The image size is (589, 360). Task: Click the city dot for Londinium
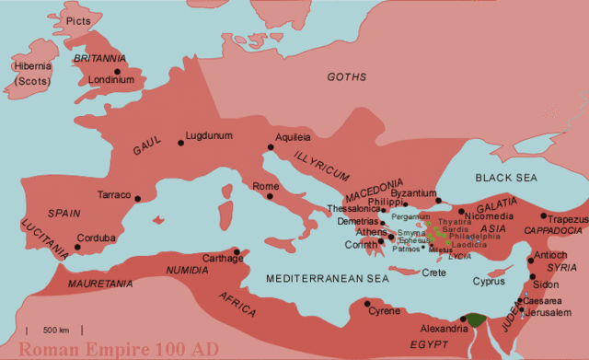coord(117,70)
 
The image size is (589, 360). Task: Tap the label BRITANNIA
coord(98,58)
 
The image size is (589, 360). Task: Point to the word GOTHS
coord(347,76)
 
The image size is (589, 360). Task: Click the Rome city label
coord(266,187)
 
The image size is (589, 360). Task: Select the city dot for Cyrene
coord(367,303)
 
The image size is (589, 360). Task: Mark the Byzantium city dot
coord(438,198)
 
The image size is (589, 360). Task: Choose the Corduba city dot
coord(77,236)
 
